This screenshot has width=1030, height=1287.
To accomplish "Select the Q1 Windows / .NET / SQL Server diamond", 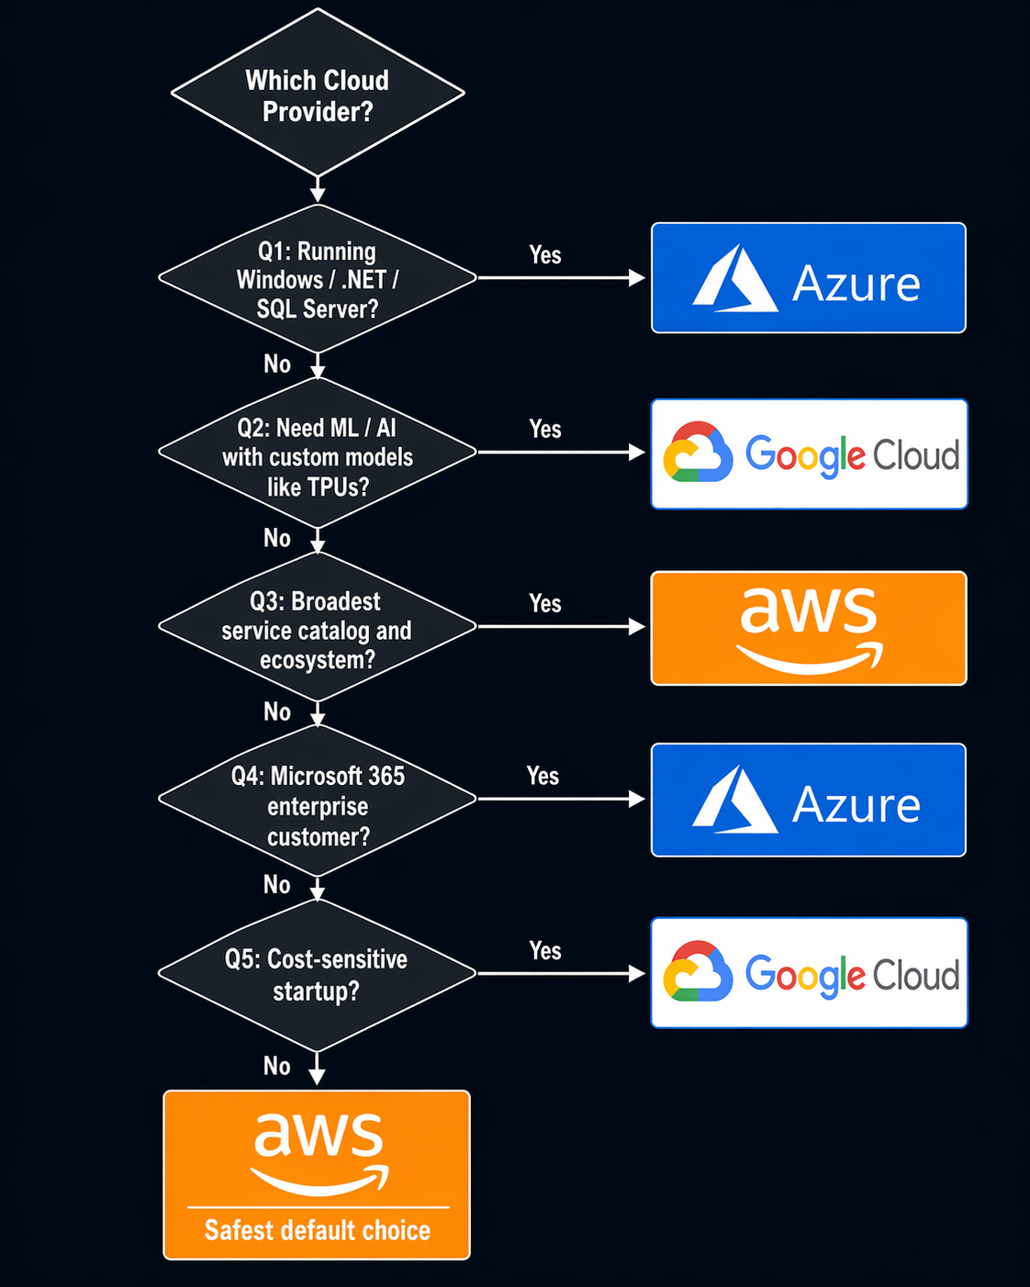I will (318, 279).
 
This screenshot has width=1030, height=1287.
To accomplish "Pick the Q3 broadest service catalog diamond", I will (318, 629).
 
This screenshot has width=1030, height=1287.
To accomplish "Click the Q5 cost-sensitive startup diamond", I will (318, 974).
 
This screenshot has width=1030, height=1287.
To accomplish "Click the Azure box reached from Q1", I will (809, 278).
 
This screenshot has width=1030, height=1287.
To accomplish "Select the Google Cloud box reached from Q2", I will (809, 453).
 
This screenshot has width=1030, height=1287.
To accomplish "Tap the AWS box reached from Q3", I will (809, 628).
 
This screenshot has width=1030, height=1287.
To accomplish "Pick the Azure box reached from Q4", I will (809, 800).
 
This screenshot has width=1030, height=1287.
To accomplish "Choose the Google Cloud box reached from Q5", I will (809, 973).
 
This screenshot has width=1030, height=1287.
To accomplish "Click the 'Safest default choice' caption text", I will (318, 1230).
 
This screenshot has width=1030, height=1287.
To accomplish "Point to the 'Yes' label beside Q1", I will (544, 255).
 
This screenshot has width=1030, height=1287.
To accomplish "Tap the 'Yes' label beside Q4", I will (543, 777).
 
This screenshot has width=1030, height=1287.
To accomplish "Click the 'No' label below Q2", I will (277, 538).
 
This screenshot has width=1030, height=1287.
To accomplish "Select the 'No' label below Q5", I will (277, 1066).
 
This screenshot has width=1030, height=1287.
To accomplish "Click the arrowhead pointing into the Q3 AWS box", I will (636, 627).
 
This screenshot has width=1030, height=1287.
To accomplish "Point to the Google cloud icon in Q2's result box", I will (698, 453).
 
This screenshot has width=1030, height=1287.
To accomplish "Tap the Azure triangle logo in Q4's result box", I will (734, 800).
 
